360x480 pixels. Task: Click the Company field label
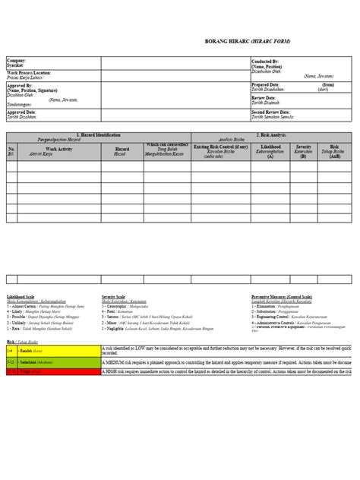click(x=17, y=59)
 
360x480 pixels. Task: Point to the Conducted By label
click(x=265, y=59)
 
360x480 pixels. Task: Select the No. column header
click(x=11, y=150)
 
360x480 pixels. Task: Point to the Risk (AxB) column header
click(x=335, y=150)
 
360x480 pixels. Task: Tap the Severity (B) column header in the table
click(x=304, y=150)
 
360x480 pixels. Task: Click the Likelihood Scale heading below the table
click(x=21, y=296)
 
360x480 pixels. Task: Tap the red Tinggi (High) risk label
click(x=30, y=374)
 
